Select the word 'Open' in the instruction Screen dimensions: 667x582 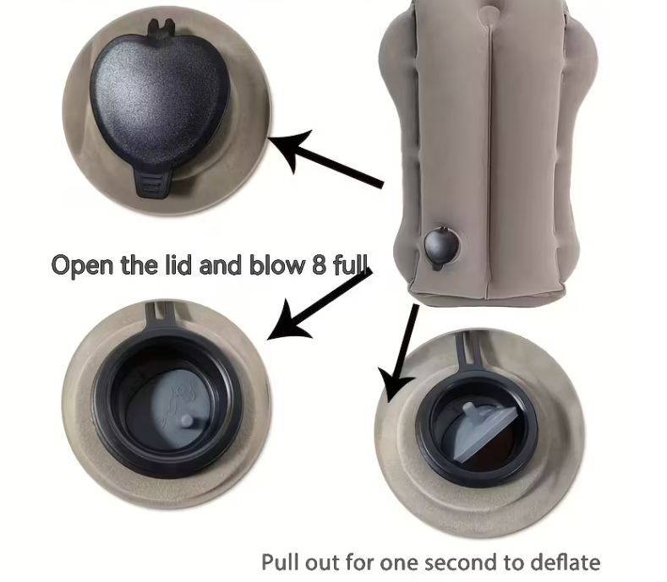pyautogui.click(x=83, y=265)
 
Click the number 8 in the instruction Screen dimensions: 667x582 pyautogui.click(x=319, y=264)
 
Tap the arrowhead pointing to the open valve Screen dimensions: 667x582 pyautogui.click(x=288, y=322)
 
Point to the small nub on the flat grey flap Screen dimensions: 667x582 pyautogui.click(x=187, y=421)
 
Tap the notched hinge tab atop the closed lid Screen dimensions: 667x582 pyautogui.click(x=161, y=29)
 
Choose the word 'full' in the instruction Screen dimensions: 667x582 pyautogui.click(x=350, y=264)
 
